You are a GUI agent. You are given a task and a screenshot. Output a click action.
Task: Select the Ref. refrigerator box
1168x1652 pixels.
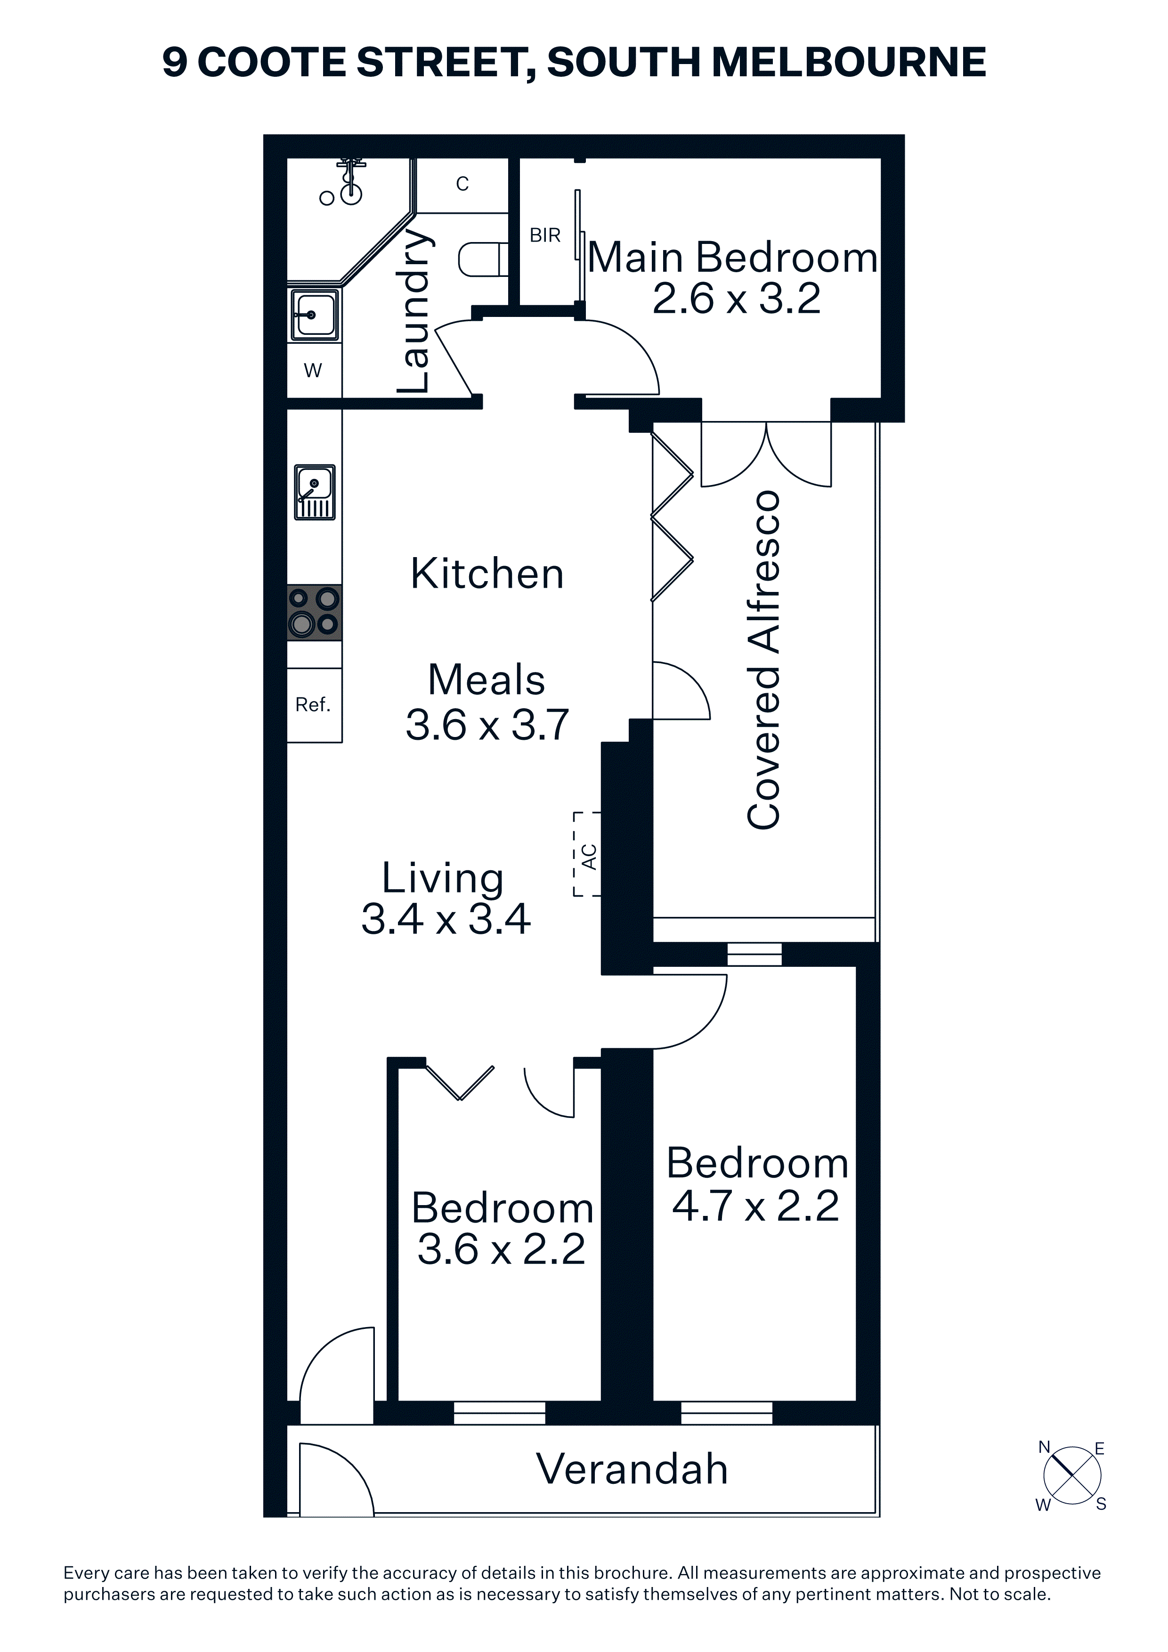314,705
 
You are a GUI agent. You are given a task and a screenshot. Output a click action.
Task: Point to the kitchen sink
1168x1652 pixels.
315,492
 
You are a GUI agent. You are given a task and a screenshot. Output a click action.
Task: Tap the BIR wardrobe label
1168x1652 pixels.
545,235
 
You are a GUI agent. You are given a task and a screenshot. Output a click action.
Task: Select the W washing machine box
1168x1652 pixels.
314,370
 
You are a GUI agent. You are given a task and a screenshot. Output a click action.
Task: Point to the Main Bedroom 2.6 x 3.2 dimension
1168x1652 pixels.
736,299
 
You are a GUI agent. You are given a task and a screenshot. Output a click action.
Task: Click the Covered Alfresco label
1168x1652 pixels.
763,660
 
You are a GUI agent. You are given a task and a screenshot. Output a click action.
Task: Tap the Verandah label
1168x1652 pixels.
632,1468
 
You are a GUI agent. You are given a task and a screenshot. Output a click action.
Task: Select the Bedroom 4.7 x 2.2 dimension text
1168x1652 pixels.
755,1206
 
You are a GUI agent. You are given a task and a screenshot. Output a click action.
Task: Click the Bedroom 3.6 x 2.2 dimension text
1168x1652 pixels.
501,1250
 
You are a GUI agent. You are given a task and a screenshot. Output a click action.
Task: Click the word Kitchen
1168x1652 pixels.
487,574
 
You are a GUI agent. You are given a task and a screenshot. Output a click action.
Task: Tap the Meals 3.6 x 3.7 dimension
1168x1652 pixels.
487,725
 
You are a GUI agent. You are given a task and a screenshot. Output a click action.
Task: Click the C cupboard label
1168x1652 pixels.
462,184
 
